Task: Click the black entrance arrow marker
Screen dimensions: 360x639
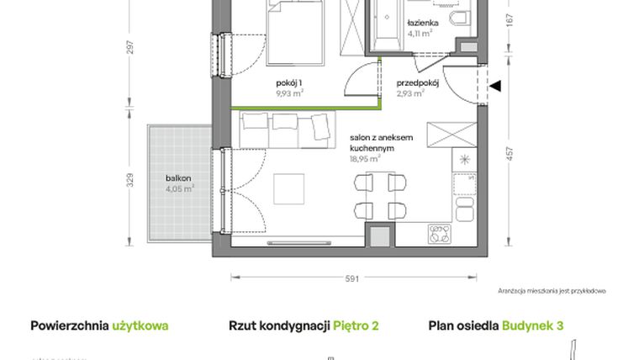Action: [495, 85]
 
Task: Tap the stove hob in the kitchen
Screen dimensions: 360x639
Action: [440, 234]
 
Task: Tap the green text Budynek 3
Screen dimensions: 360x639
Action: [532, 325]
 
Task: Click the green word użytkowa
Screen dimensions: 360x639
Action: [140, 325]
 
